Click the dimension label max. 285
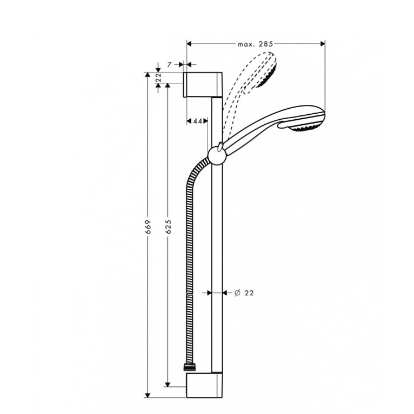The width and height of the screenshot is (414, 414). (255, 43)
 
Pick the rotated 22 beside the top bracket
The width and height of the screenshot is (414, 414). (158, 78)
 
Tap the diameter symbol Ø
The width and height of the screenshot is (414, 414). (236, 293)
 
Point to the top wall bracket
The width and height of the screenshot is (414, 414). (203, 84)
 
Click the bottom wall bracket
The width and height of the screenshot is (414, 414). (204, 385)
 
